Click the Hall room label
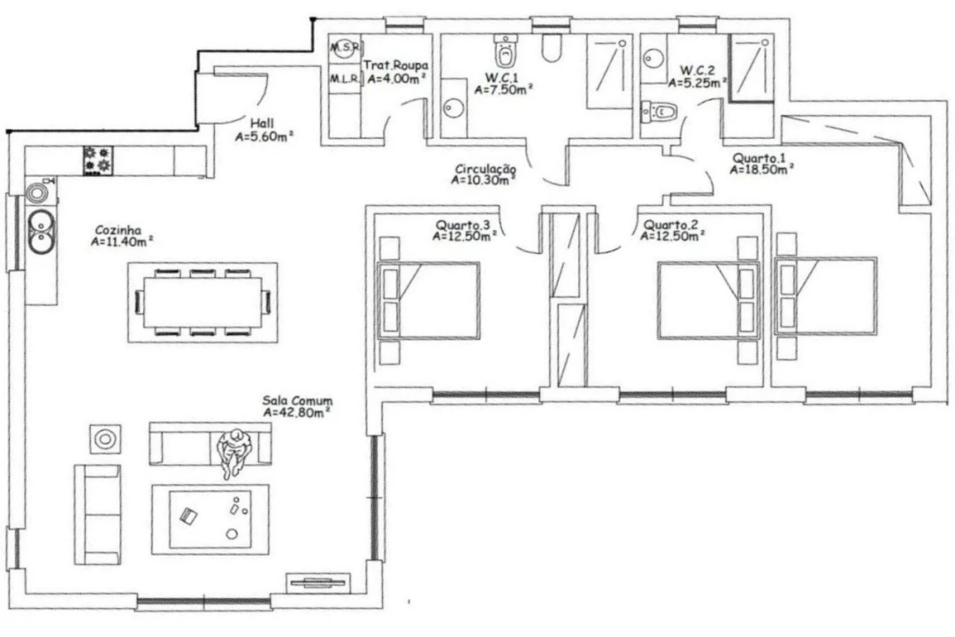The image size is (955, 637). (261, 123)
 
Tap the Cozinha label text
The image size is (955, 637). (118, 230)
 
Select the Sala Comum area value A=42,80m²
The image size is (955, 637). (297, 412)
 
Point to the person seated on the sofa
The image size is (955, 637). (233, 452)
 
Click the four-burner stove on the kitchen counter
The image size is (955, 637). (98, 159)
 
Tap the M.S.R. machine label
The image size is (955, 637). (346, 47)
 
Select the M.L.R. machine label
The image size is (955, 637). (345, 79)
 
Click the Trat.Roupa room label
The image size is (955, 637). (396, 65)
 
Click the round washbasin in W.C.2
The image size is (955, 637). (653, 58)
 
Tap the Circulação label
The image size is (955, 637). (485, 169)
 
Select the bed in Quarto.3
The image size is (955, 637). (430, 301)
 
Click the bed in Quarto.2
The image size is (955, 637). (708, 301)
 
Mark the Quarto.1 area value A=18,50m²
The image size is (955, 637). (760, 170)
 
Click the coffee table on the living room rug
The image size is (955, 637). (210, 519)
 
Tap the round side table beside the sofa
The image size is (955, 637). (105, 439)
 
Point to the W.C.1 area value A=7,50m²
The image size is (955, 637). (504, 89)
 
